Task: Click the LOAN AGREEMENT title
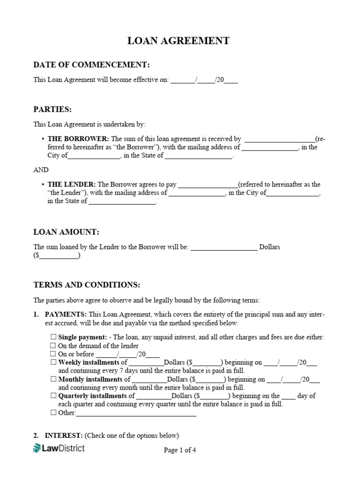179,41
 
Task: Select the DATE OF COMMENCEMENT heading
91,65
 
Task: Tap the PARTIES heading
52,109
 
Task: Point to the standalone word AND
41,170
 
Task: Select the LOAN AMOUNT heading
66,232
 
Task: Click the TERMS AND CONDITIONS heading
87,285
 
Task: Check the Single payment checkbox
53,337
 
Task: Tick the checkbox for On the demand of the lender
53,345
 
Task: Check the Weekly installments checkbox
53,362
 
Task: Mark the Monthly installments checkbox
53,379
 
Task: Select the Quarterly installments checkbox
53,396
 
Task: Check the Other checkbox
53,413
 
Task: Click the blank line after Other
136,414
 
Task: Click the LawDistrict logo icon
37,449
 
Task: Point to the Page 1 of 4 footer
180,450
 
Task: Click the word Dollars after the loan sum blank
270,247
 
